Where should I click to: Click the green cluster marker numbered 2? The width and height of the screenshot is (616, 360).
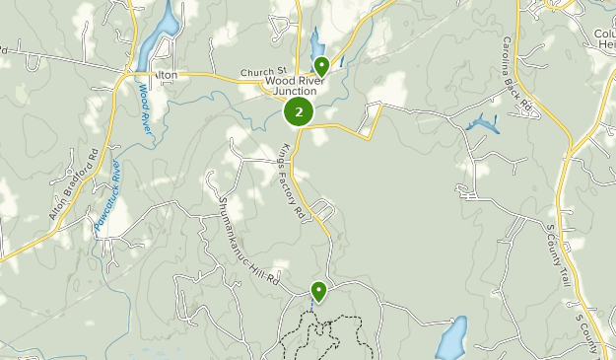click(299, 112)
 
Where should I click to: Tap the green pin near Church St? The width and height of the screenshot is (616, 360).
click(321, 66)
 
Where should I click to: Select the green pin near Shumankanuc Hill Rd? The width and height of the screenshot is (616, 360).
click(318, 290)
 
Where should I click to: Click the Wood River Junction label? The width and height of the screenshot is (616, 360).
click(297, 85)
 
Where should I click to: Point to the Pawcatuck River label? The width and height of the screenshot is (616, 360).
click(106, 197)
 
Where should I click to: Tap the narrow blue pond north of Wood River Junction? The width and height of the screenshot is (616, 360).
click(316, 41)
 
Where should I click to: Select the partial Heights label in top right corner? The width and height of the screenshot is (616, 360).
click(605, 43)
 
